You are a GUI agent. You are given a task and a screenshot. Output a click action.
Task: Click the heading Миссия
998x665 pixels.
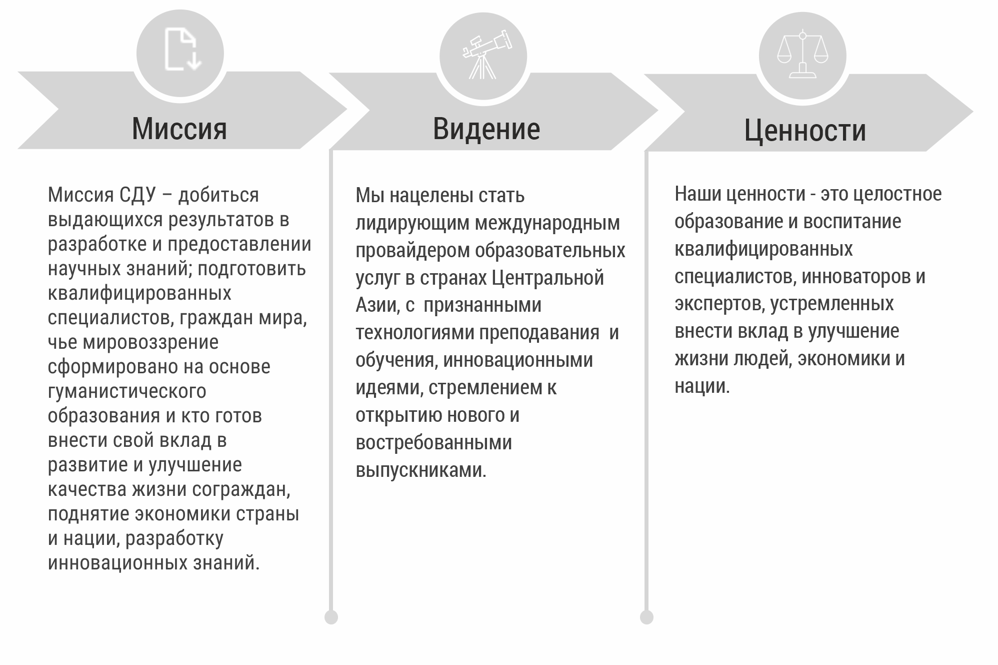point(179,129)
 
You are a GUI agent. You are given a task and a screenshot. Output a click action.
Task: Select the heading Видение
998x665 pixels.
point(486,129)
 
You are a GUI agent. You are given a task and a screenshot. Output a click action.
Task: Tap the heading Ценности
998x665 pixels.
point(805,131)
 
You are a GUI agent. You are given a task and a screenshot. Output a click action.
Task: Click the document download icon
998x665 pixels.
point(182,50)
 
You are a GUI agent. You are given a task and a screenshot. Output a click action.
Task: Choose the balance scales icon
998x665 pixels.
point(802,55)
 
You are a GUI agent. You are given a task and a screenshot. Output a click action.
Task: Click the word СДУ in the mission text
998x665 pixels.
point(137,195)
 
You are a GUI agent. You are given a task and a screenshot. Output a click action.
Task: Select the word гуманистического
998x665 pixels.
point(127,392)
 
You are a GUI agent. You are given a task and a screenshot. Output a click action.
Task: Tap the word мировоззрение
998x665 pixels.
point(150,343)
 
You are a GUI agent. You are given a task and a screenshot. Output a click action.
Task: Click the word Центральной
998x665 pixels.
point(548,278)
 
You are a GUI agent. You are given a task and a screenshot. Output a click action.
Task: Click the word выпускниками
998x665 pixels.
point(421,470)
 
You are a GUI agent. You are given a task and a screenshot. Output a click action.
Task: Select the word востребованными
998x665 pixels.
point(434,443)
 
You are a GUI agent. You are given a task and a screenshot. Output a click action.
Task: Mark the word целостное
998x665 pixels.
point(897,194)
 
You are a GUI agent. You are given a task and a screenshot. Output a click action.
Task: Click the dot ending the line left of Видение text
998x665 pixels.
point(331,617)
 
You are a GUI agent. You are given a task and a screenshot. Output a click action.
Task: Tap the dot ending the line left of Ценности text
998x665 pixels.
point(646,617)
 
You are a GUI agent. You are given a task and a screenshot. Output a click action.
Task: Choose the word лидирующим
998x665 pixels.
point(413,223)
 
